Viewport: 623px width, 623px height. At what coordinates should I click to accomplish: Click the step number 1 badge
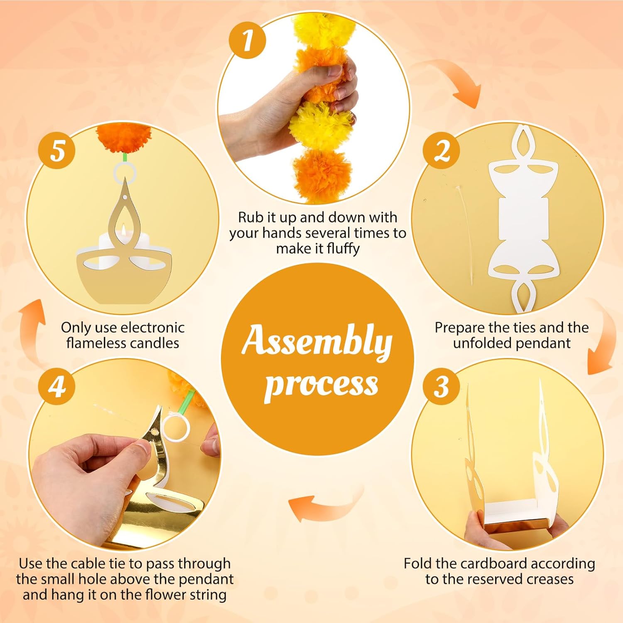248,40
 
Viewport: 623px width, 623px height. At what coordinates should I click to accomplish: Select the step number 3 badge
441,386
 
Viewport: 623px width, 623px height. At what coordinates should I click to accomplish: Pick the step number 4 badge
57,386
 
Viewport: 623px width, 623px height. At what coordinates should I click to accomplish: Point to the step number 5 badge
57,150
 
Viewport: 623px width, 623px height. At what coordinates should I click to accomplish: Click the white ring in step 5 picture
125,173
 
